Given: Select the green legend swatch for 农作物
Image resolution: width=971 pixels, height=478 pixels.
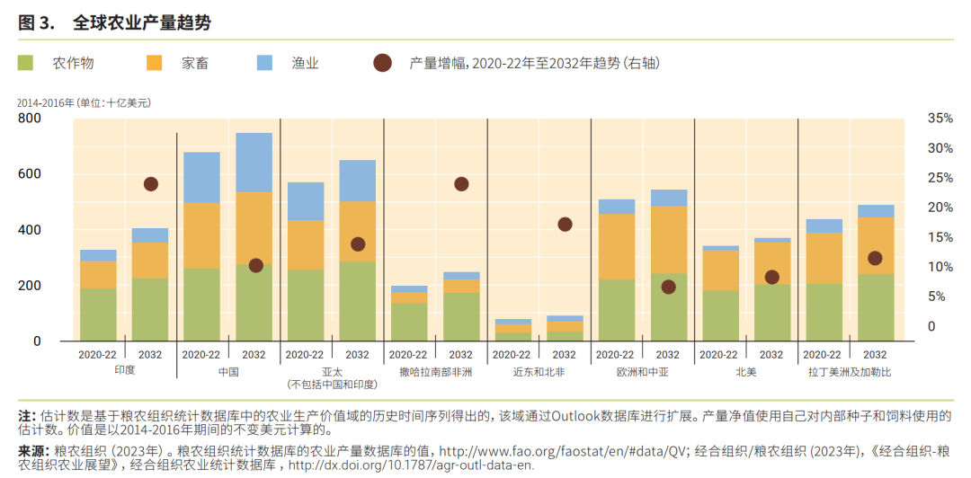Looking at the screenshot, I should coord(26,63).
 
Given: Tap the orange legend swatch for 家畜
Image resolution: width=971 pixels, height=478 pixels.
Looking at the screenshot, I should coord(155,63).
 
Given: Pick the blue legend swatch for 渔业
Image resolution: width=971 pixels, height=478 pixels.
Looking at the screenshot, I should coord(264,63).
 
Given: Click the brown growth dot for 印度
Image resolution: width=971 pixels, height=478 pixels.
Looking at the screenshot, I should coord(150,184).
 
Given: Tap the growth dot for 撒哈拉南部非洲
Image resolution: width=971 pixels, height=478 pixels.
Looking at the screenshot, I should coord(461,184).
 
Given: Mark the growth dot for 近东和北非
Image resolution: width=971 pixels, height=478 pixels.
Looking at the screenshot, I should coord(565,225).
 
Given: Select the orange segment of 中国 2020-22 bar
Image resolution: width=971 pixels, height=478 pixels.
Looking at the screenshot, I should coord(201,235).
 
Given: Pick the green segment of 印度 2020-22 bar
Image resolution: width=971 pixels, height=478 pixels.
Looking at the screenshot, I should coord(98,314).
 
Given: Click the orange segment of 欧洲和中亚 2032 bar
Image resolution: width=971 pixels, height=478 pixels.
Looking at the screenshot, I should coord(668,239).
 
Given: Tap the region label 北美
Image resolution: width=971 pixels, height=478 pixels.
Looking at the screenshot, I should coord(745,371).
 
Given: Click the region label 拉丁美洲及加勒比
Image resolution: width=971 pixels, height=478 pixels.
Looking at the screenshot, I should coord(849,371).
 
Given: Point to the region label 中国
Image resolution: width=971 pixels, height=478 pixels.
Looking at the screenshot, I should coord(227,371).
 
